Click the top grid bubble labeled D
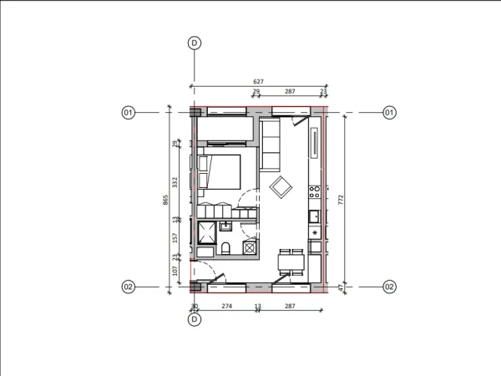[x=195, y=43]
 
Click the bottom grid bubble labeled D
[x=195, y=319]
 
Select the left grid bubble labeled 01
[x=129, y=112]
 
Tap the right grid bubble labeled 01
[x=389, y=112]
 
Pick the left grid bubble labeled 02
[x=129, y=287]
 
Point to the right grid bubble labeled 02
[x=389, y=287]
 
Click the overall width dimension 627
[x=258, y=82]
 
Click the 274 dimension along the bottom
[x=225, y=307]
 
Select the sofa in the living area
[x=272, y=144]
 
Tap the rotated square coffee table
[x=281, y=187]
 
